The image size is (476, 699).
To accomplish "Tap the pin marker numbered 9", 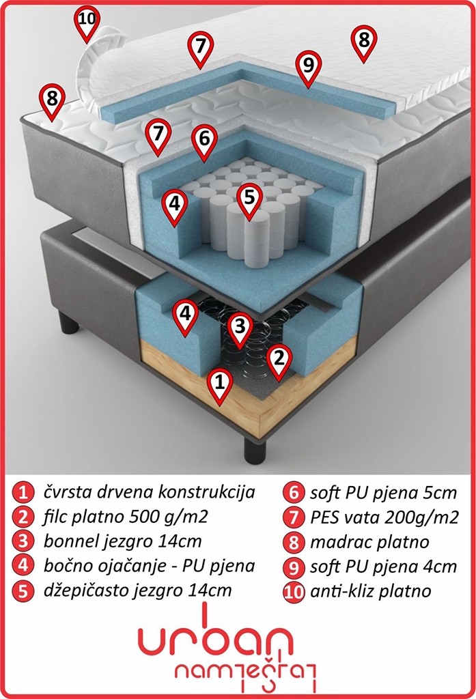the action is coord(308,68).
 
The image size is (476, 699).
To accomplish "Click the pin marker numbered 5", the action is coord(249,200).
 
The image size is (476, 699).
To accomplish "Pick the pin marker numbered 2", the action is coord(279,362).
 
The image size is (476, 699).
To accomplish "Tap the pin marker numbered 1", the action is coord(219,386).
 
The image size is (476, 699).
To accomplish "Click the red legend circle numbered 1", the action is coord(23,492).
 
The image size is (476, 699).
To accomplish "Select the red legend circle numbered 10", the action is coord(294,592).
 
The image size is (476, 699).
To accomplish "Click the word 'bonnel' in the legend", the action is coord(72,541).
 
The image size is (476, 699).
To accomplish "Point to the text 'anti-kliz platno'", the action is coord(371,591).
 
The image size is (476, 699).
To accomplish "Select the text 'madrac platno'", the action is coord(369,542).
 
